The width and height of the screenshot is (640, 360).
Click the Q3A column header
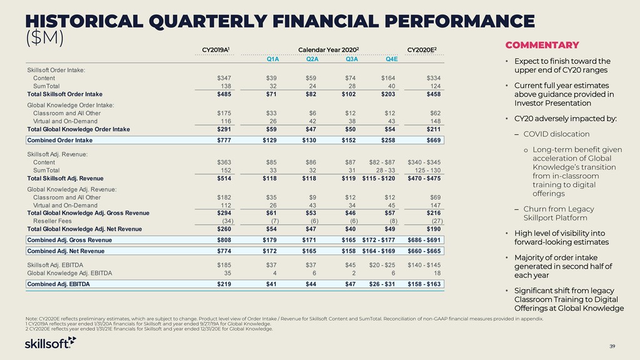pyautogui.click(x=351, y=59)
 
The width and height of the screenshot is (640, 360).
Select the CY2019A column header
pyautogui.click(x=216, y=50)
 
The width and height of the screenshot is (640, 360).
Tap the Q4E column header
pyautogui.click(x=391, y=59)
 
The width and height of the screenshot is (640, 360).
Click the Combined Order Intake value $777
pyautogui.click(x=224, y=140)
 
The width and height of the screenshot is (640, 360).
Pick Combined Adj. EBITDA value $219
pyautogui.click(x=224, y=284)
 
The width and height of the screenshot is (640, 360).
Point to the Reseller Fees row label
pyautogui.click(x=52, y=221)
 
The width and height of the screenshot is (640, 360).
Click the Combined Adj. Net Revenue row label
pyautogui.click(x=66, y=251)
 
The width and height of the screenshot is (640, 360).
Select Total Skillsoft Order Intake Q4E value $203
pyautogui.click(x=388, y=94)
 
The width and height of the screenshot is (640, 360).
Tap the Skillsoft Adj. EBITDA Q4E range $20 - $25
pyautogui.click(x=382, y=265)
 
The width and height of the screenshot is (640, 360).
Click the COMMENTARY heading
pyautogui.click(x=542, y=45)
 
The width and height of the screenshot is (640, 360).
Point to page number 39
pyautogui.click(x=612, y=346)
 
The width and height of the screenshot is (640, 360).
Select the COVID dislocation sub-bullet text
pyautogui.click(x=556, y=134)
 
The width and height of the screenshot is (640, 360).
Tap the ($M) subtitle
pyautogui.click(x=44, y=38)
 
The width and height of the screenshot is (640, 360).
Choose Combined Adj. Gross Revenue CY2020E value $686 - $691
pyautogui.click(x=424, y=240)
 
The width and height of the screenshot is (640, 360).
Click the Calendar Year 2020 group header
pyautogui.click(x=329, y=50)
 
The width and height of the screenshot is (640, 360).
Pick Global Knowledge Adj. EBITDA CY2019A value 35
pyautogui.click(x=227, y=273)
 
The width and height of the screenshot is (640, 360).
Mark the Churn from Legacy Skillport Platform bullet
pyautogui.click(x=559, y=213)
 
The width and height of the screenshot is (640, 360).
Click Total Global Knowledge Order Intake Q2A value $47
pyautogui.click(x=311, y=129)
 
